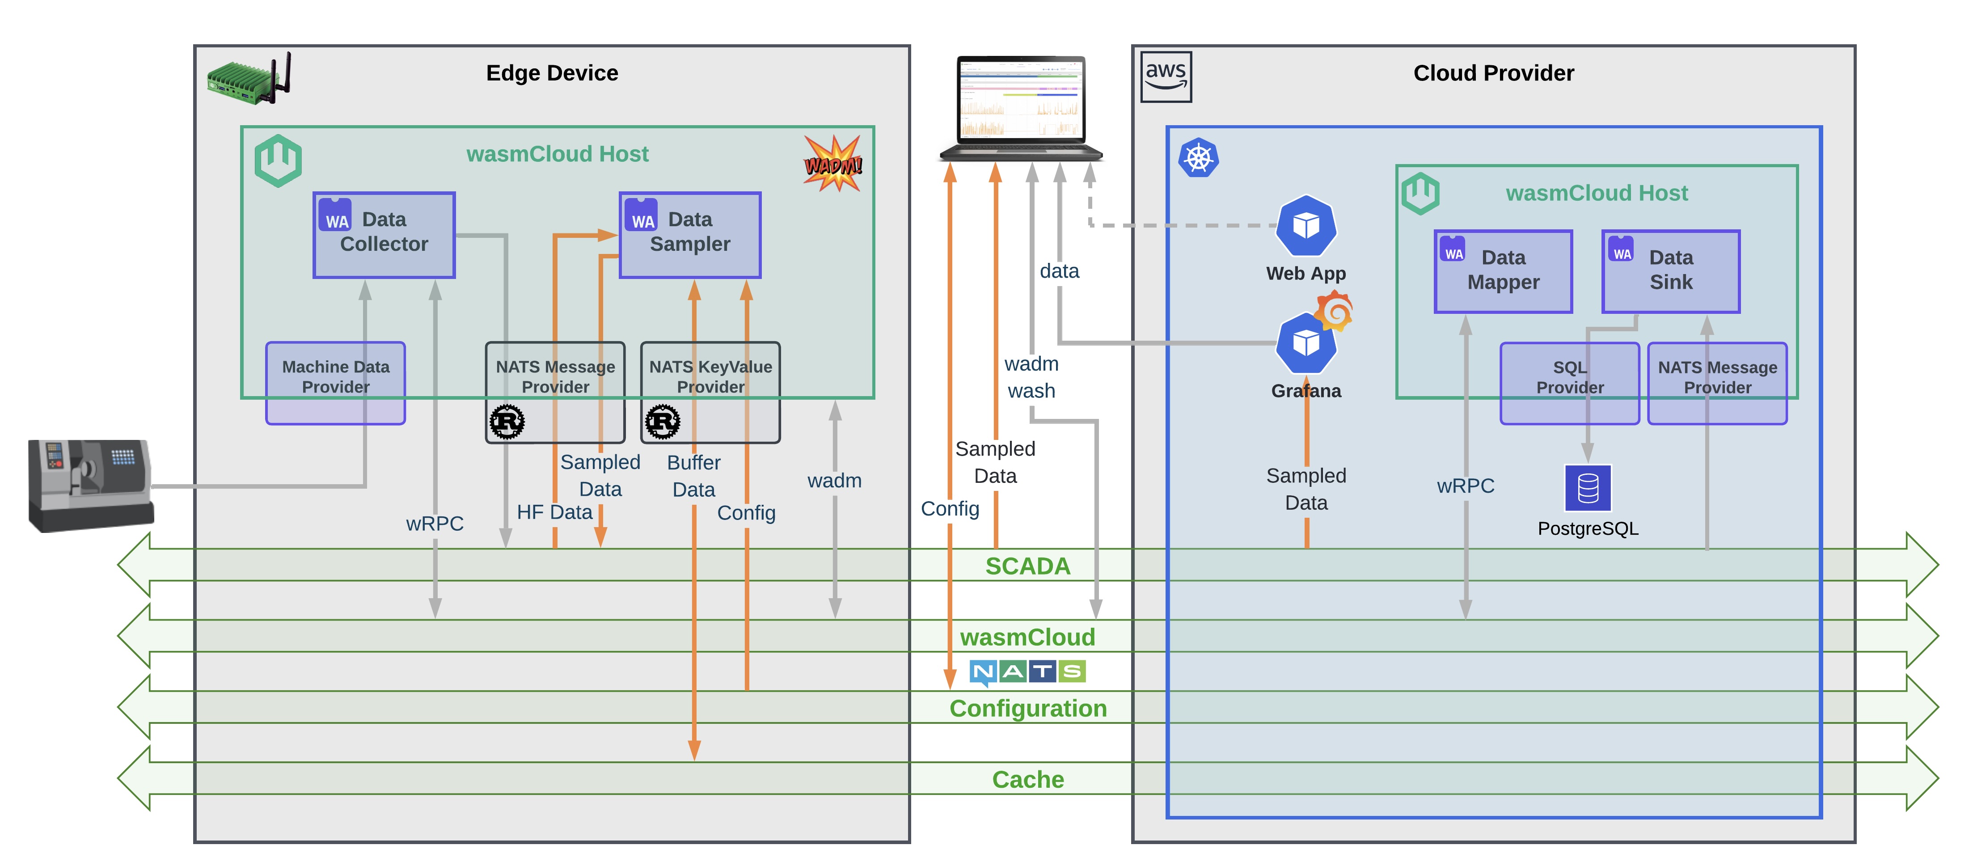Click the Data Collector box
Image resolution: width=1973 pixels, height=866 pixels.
pyautogui.click(x=384, y=234)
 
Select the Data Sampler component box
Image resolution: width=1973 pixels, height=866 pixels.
pyautogui.click(x=689, y=234)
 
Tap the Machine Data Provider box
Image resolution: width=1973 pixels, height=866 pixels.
pyautogui.click(x=335, y=382)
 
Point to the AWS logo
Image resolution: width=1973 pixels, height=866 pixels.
pyautogui.click(x=1166, y=76)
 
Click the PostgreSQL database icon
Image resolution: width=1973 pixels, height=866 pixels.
pyautogui.click(x=1588, y=488)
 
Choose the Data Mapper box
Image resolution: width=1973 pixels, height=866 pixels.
pyautogui.click(x=1503, y=271)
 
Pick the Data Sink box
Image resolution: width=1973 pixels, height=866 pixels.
pyautogui.click(x=1670, y=271)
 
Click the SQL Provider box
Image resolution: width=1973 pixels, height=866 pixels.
pyautogui.click(x=1569, y=382)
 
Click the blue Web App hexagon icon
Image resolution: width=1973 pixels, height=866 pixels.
pyautogui.click(x=1306, y=226)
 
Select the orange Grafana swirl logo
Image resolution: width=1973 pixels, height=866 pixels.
pyautogui.click(x=1335, y=311)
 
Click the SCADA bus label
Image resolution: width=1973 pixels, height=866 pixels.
pyautogui.click(x=1027, y=566)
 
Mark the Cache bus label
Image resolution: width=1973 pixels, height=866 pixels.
pyautogui.click(x=1027, y=779)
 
